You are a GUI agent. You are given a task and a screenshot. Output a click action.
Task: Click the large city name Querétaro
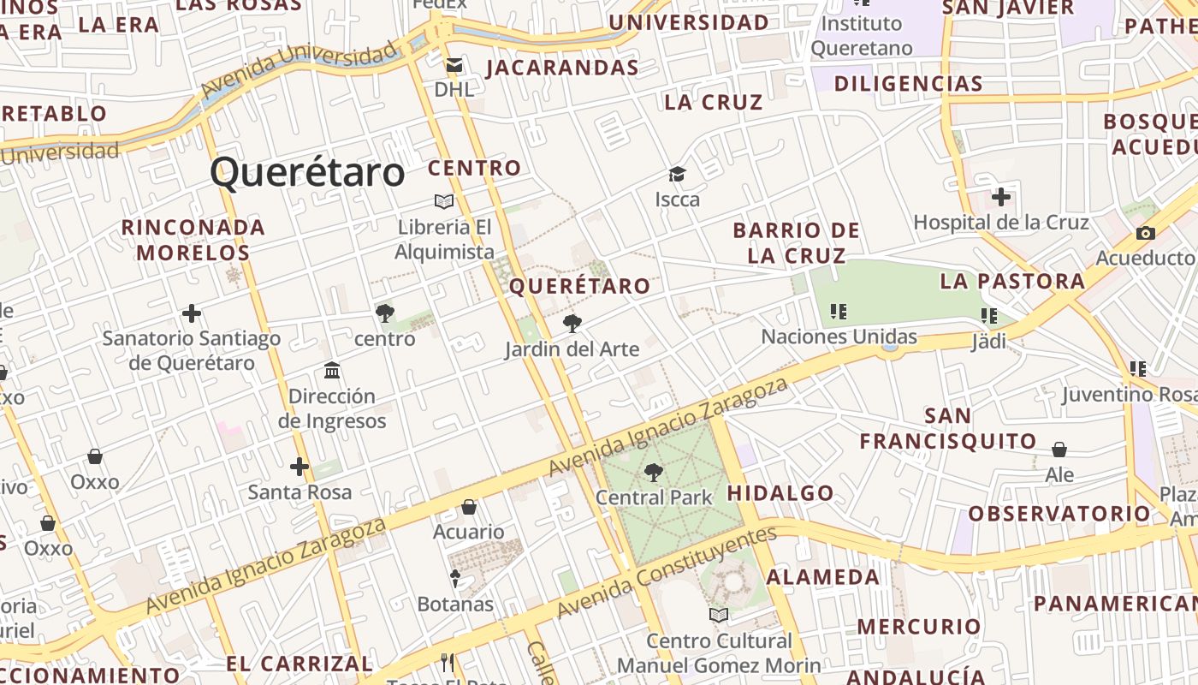pos(307,172)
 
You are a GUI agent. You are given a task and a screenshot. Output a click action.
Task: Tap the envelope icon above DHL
pos(454,65)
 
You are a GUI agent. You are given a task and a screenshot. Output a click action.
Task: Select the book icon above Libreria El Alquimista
pos(443,201)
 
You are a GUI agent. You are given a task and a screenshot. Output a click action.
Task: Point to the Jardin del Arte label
pos(572,349)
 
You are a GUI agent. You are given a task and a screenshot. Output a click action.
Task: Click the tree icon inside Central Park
pos(653,472)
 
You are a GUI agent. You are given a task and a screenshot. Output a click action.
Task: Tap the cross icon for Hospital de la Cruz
pos(1000,198)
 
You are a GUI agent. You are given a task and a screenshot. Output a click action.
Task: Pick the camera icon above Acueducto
pos(1145,233)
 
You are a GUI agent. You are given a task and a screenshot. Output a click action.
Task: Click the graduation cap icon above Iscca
pos(678,175)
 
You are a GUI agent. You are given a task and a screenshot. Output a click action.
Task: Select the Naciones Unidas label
pos(839,337)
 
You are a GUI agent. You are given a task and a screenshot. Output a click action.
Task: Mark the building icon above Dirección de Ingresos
pos(332,371)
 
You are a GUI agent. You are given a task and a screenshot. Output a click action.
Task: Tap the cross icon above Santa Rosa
pos(299,467)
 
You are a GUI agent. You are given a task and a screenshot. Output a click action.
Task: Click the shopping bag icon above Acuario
pos(469,507)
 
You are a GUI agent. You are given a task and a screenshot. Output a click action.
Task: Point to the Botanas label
pos(455,605)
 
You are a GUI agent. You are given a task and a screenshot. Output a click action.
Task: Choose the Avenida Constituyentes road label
pos(667,571)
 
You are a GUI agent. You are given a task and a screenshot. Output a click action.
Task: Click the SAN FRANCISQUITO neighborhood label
pos(948,429)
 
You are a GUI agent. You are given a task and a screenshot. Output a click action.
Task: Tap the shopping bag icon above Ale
pos(1059,450)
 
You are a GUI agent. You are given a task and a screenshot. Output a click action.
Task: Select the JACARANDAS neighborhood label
pos(562,68)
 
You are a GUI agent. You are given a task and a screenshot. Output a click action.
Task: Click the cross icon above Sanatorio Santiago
pos(192,314)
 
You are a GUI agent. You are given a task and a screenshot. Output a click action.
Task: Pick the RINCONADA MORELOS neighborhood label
pos(193,240)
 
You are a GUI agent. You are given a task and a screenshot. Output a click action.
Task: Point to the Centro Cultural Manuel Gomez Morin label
pos(719,652)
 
